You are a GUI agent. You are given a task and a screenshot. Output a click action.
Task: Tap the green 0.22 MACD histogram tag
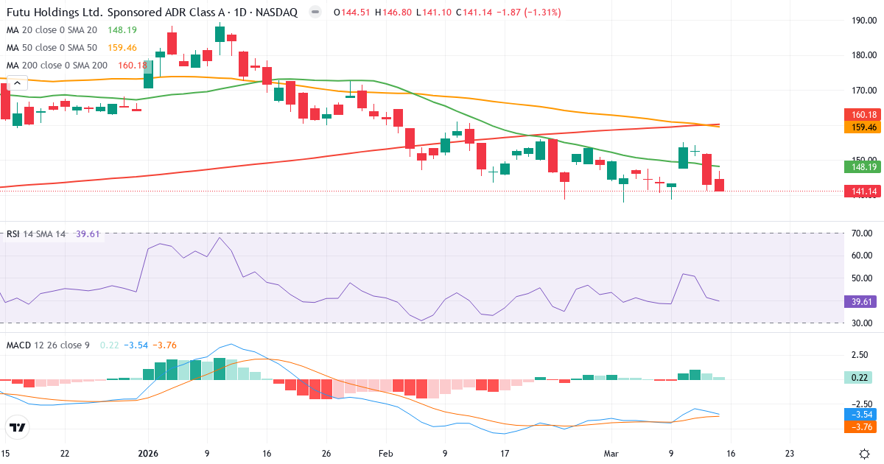click(858, 377)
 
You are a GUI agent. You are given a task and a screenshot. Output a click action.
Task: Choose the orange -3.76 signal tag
click(858, 426)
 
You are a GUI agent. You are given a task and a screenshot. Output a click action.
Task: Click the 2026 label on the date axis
click(148, 453)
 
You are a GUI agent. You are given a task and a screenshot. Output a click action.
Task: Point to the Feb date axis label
click(386, 453)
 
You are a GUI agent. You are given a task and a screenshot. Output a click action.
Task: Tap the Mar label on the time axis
click(611, 453)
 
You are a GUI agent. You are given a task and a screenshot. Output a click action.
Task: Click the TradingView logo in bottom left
click(18, 427)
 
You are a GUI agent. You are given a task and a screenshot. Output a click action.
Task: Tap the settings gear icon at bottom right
click(866, 453)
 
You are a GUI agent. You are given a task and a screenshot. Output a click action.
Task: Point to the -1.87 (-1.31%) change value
click(526, 13)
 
